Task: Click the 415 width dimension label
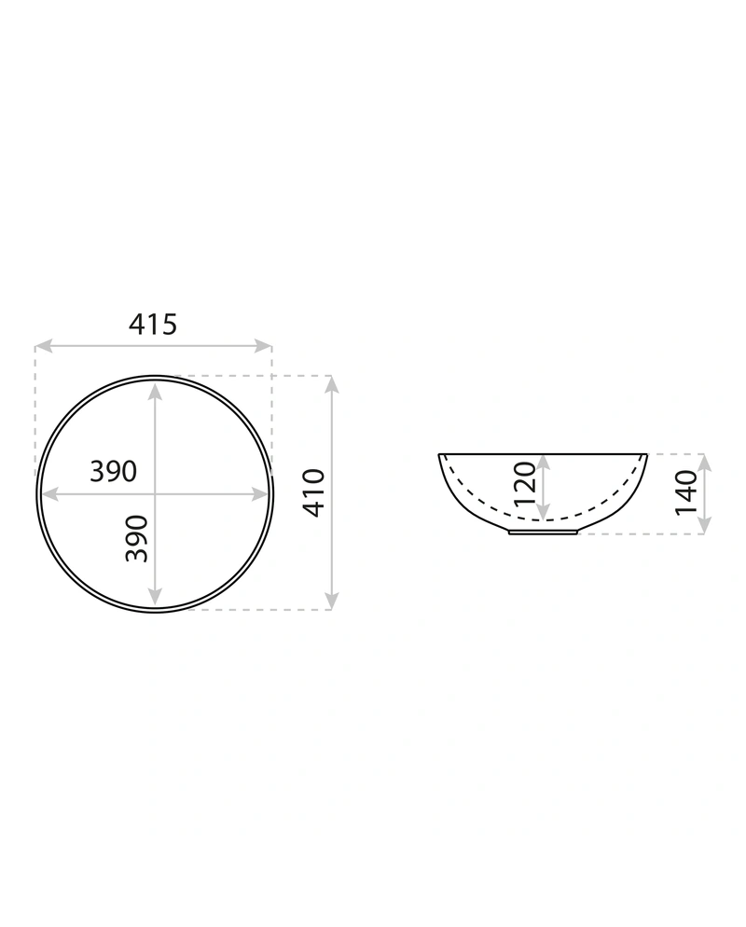tap(153, 324)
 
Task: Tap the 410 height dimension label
tap(314, 493)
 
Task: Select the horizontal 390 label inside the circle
tap(113, 471)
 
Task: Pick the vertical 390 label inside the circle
tap(136, 539)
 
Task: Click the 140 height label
tap(686, 492)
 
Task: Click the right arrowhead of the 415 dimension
tap(263, 346)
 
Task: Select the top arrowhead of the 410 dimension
tap(332, 384)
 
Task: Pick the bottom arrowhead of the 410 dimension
tap(332, 601)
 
